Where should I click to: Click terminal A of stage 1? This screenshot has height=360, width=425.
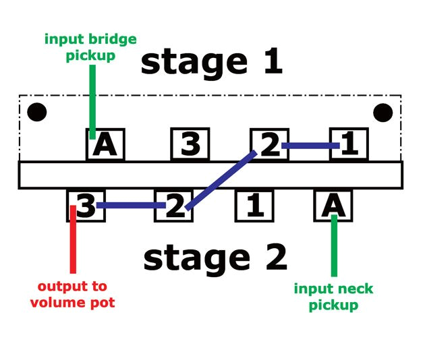coord(105,144)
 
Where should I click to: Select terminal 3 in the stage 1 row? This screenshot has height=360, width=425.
coord(190,144)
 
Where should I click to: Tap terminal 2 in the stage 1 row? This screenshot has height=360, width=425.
coord(269,144)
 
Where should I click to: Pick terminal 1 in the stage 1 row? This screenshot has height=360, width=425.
coord(348,144)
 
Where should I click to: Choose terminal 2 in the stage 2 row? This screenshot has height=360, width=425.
coord(174,205)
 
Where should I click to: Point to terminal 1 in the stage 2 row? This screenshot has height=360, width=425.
coord(254,205)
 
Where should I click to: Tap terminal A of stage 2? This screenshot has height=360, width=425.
coord(334,205)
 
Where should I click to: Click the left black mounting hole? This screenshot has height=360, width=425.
coord(36,112)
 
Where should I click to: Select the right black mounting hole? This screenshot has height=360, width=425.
coord(384,112)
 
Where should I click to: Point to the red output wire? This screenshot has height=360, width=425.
coord(73,243)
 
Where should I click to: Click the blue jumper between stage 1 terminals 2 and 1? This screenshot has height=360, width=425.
coord(310,145)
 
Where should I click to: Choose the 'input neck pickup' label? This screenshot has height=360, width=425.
coord(333,297)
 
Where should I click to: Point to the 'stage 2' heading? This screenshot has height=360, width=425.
coord(215,259)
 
